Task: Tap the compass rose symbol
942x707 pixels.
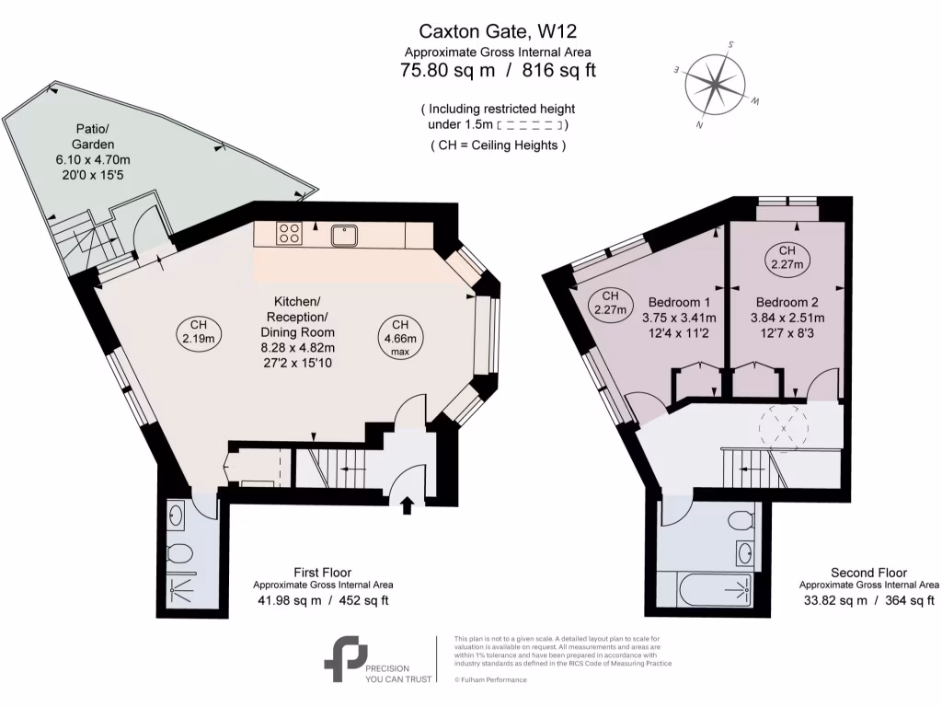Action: point(716,84)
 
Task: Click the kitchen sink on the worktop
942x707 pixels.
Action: point(346,236)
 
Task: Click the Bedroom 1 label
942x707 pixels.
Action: point(680,302)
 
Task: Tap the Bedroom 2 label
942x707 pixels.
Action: point(787,302)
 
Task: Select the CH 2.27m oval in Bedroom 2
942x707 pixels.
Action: point(787,258)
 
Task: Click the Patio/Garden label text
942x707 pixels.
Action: point(94,137)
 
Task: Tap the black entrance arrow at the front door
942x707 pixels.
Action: point(408,504)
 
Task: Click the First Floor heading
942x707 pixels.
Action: point(322,572)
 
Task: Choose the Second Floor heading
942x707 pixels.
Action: point(867,572)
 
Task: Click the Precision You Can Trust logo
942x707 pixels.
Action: point(346,657)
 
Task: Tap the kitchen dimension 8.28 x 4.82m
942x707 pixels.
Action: point(297,347)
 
